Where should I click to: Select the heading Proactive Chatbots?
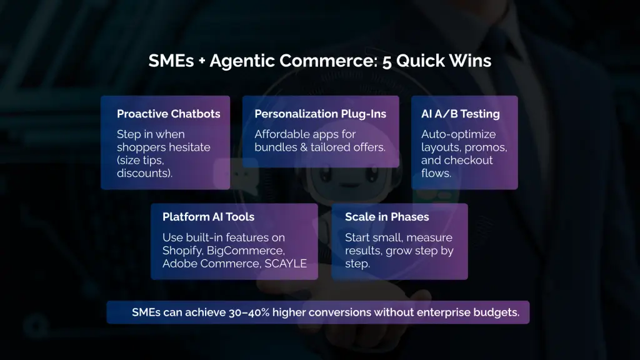tap(168, 114)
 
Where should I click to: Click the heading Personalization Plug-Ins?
tap(320, 114)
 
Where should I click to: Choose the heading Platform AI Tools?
tap(208, 217)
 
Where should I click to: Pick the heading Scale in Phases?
tap(387, 217)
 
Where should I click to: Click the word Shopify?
tap(182, 251)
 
